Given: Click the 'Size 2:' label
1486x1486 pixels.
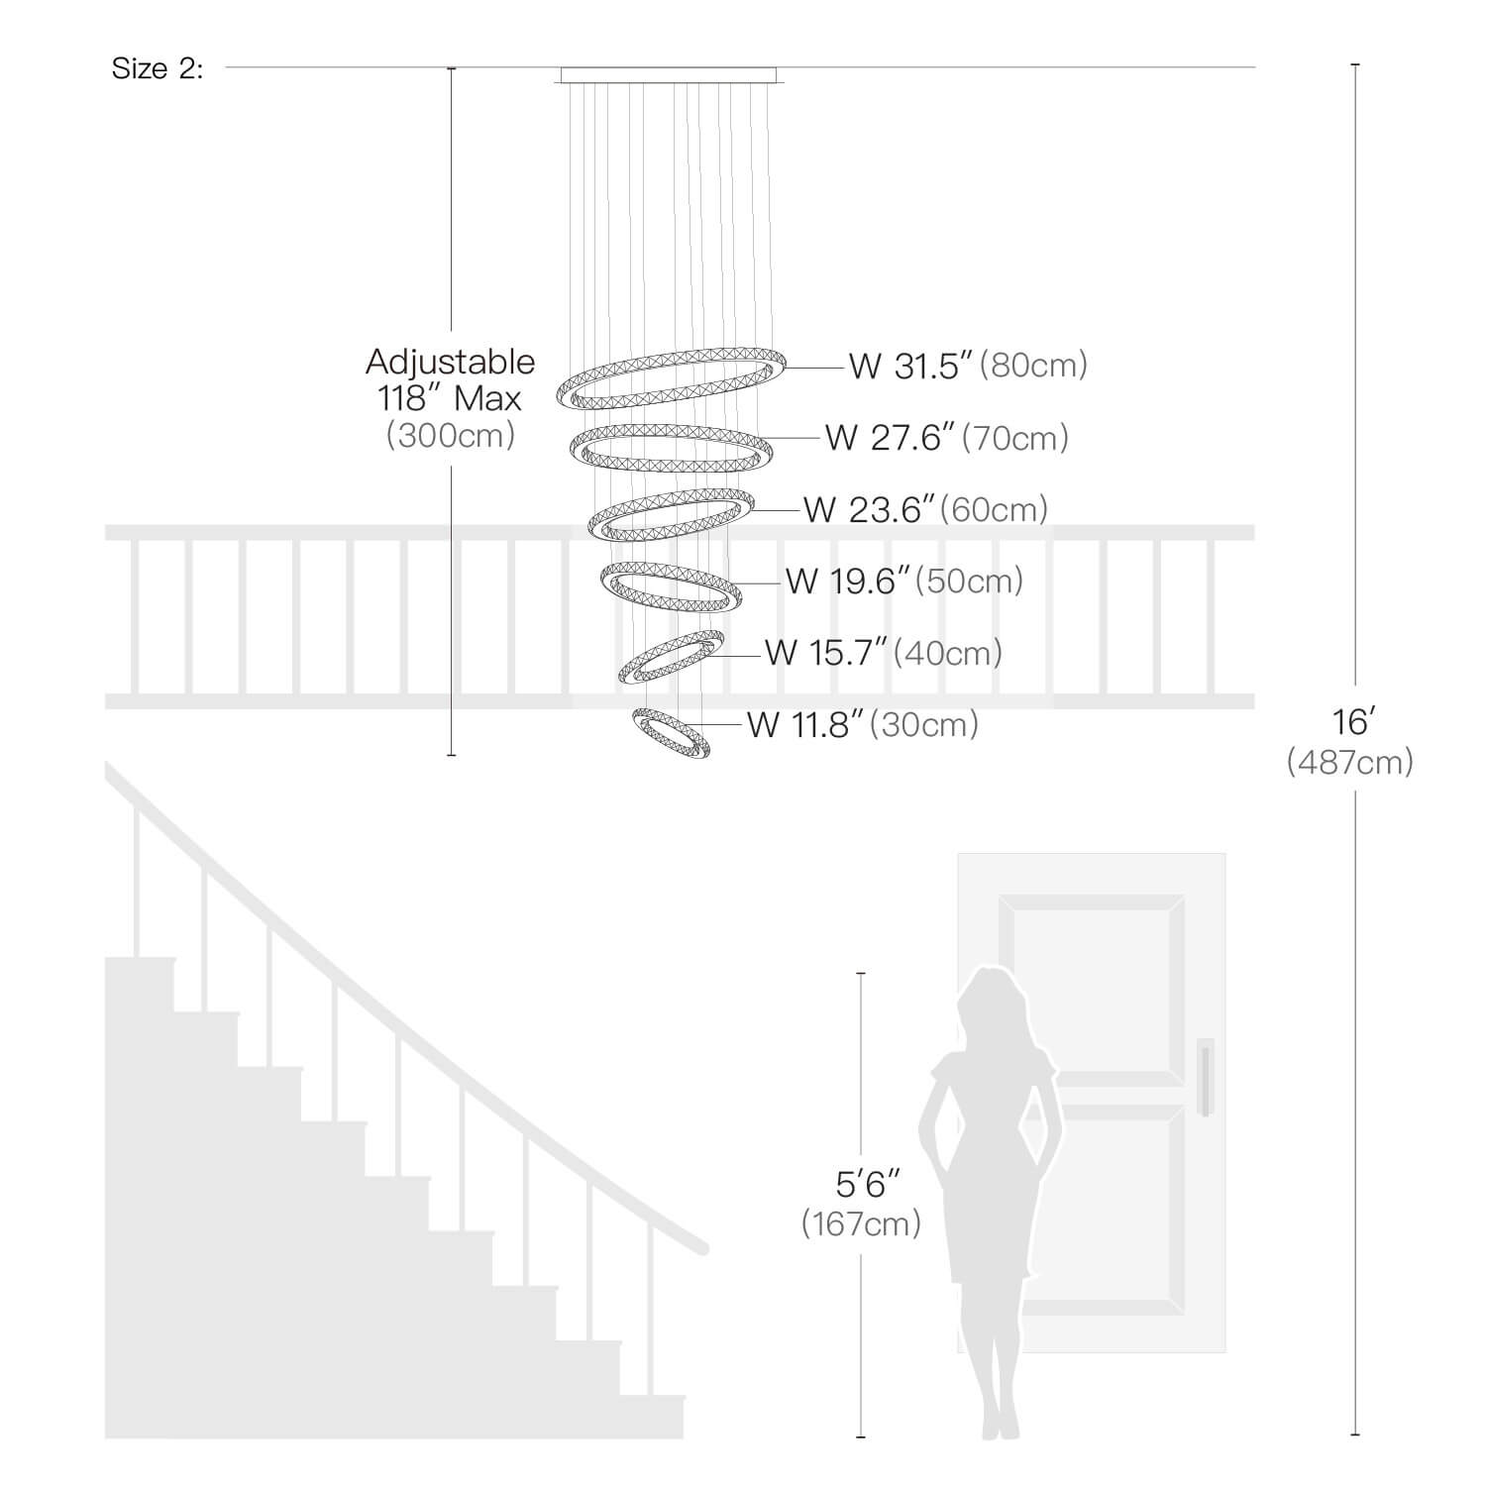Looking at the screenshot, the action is [158, 68].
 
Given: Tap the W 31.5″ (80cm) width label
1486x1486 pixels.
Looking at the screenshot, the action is [968, 366].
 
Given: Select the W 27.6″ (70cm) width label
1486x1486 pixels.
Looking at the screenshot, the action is [947, 437].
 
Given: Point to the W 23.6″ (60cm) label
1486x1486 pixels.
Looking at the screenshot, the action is [925, 509].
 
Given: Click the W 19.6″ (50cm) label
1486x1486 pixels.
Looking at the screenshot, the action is [904, 581].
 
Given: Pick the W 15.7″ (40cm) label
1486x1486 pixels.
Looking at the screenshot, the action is [883, 653].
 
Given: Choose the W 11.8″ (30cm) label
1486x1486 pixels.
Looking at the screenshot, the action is [863, 724].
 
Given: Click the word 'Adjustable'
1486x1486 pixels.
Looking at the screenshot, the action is [451, 362].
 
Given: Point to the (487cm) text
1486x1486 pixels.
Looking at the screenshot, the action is [1350, 762].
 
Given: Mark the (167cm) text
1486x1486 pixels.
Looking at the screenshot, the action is [861, 1223].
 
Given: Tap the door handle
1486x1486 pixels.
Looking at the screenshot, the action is [1205, 1077].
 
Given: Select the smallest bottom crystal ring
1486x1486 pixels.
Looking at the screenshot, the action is [671, 734].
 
